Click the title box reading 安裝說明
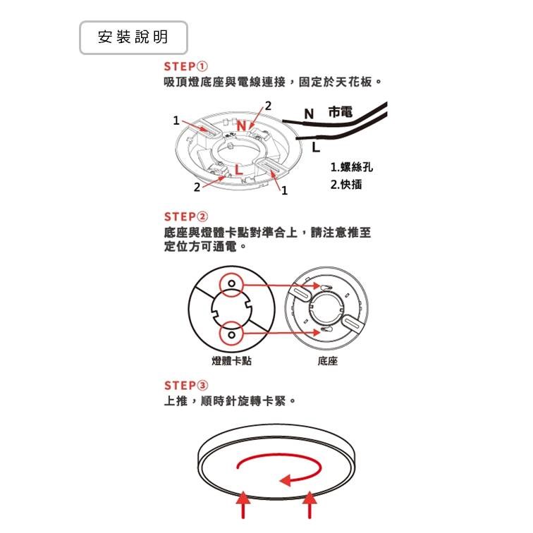click(133, 38)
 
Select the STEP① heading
click(185, 68)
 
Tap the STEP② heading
click(185, 216)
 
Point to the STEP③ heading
click(185, 386)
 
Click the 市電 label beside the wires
click(341, 113)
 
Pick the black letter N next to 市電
click(308, 114)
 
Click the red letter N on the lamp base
click(242, 126)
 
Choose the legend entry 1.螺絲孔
click(351, 168)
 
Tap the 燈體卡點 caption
click(232, 361)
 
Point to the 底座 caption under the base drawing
click(328, 361)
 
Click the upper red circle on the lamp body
click(231, 285)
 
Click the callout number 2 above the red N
click(267, 106)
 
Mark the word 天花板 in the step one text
click(358, 83)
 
